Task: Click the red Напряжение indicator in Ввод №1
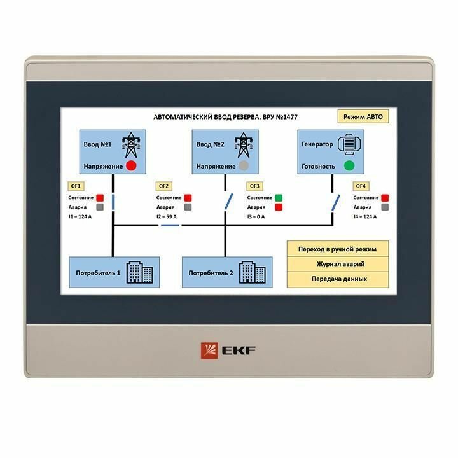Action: [132, 166]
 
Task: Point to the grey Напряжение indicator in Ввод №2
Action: [244, 166]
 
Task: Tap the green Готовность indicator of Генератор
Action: [349, 166]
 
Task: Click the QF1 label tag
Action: [76, 186]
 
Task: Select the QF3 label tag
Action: [254, 186]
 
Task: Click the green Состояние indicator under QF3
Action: [279, 198]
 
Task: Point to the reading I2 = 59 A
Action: [167, 217]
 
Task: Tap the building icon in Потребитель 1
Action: [140, 272]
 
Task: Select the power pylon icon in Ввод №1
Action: [130, 145]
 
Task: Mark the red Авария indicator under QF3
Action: [279, 207]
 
